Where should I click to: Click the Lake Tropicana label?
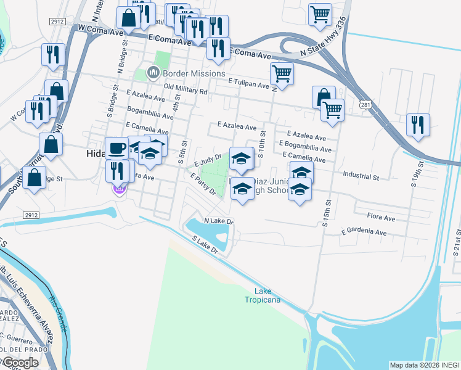267,295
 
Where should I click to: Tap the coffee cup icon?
116,149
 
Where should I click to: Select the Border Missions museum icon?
152,73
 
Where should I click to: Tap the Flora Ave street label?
381,218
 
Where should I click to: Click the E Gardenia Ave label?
364,232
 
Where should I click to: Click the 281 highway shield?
365,105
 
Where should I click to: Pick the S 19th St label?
421,174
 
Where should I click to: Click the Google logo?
20,363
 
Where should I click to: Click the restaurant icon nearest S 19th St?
418,125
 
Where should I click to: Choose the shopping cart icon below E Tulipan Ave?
332,110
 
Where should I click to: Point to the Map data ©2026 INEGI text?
424,365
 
